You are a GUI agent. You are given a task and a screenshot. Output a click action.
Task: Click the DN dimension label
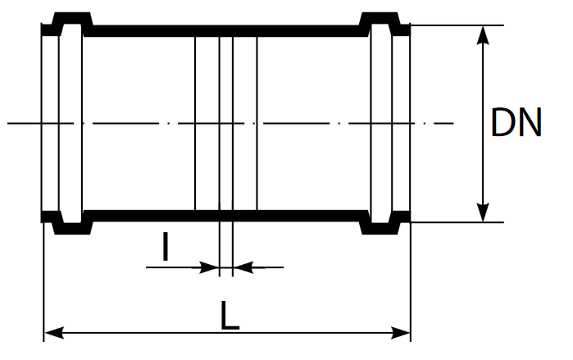(516, 123)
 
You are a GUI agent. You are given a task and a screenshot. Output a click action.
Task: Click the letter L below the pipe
(230, 316)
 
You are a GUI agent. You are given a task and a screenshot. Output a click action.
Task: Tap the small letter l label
(165, 246)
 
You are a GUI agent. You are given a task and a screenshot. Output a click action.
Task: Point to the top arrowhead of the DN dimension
(483, 35)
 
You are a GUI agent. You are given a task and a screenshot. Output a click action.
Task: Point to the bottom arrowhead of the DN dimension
(483, 212)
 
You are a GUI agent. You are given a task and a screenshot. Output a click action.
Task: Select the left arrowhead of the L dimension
(54, 333)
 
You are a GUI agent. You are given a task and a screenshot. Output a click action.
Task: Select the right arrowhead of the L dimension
(401, 333)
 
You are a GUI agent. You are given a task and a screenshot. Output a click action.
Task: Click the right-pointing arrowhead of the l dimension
(209, 267)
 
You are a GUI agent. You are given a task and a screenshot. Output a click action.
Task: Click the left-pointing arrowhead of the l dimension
(243, 267)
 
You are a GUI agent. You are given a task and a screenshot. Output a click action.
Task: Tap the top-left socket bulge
(72, 17)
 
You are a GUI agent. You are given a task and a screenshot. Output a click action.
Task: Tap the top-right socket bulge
(380, 17)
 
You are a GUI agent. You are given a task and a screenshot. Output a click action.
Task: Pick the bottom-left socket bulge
(72, 229)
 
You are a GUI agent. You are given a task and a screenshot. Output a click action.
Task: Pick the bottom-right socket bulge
(380, 229)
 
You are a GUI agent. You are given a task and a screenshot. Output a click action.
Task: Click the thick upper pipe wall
(225, 31)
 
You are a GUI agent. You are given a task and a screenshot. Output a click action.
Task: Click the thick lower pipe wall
(225, 216)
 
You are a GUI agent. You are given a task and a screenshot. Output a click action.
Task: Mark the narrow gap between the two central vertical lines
(225, 123)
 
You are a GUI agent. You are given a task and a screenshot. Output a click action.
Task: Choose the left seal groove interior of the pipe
(70, 123)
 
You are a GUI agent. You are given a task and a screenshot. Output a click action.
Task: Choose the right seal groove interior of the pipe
(381, 123)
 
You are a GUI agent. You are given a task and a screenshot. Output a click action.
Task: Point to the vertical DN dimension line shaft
(483, 124)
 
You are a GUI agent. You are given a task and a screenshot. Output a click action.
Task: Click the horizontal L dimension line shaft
(227, 333)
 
